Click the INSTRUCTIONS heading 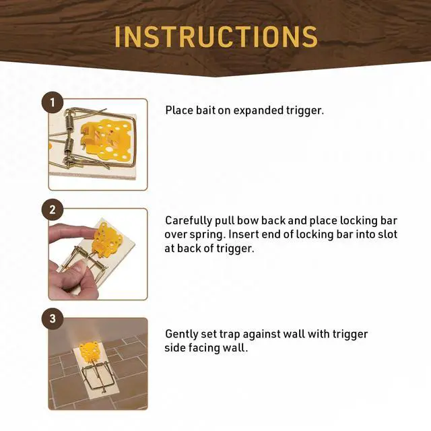[215, 36]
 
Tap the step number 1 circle [53, 102]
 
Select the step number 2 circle [53, 210]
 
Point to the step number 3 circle [53, 319]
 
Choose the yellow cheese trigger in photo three [90, 351]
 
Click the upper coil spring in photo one [69, 121]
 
